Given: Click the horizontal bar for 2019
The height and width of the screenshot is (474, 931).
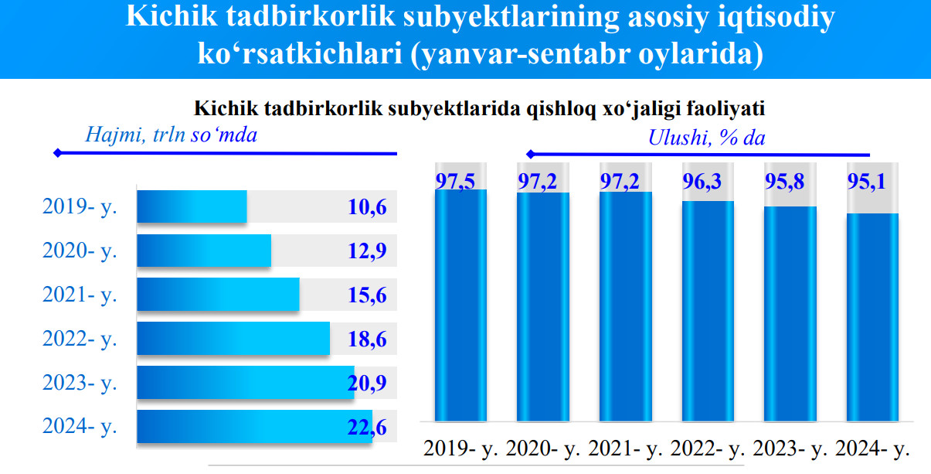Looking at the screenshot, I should pos(192,207).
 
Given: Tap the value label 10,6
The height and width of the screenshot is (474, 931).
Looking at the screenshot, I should pos(367,207).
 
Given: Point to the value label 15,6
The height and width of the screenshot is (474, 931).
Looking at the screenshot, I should pos(367,295).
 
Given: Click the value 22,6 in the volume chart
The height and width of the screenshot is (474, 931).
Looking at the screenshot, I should pos(367,426).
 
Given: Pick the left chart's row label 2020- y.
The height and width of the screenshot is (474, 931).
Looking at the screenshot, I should pos(80,251).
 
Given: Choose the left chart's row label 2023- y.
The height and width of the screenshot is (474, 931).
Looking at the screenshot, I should pos(80,382).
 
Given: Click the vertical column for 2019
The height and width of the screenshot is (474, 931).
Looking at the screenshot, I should pos(461,305).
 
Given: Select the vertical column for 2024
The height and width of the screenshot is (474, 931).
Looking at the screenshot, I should pos(873,317).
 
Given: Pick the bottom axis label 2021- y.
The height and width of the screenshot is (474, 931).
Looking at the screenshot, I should pos(627,448).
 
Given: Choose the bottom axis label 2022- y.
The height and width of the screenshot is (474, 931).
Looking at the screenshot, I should pos(708,448).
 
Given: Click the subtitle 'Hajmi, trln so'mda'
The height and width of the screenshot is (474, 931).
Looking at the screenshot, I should pos(170,135).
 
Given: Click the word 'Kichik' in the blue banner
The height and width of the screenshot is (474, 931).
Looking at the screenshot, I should pos(171,17).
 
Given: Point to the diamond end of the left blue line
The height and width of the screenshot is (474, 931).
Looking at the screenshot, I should pos(56,153).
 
